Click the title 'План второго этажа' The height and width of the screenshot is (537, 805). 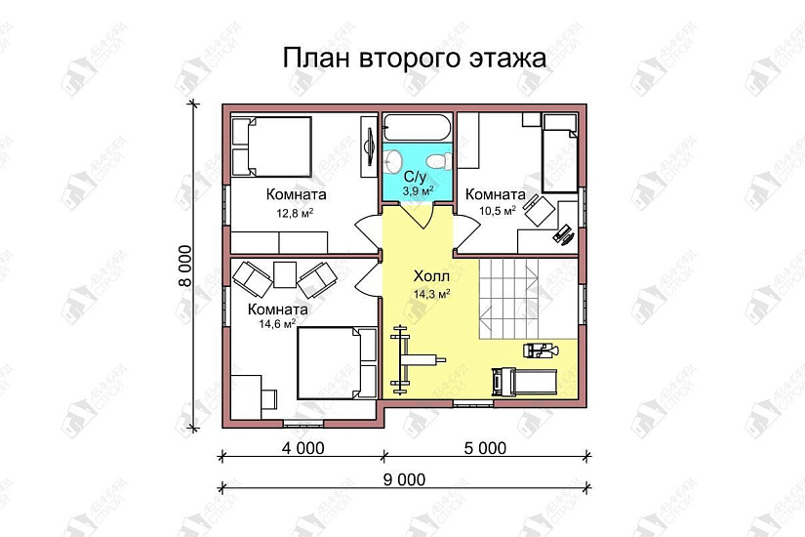pos(415,58)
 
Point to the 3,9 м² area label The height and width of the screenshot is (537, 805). pos(417,190)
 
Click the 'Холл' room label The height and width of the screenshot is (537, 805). pos(430,276)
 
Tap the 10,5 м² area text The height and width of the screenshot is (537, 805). pos(496,210)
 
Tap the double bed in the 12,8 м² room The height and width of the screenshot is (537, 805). pos(272,146)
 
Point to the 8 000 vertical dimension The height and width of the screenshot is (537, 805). pos(184,266)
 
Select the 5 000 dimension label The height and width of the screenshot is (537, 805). pos(485,449)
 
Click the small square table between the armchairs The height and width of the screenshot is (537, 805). pos(285,275)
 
